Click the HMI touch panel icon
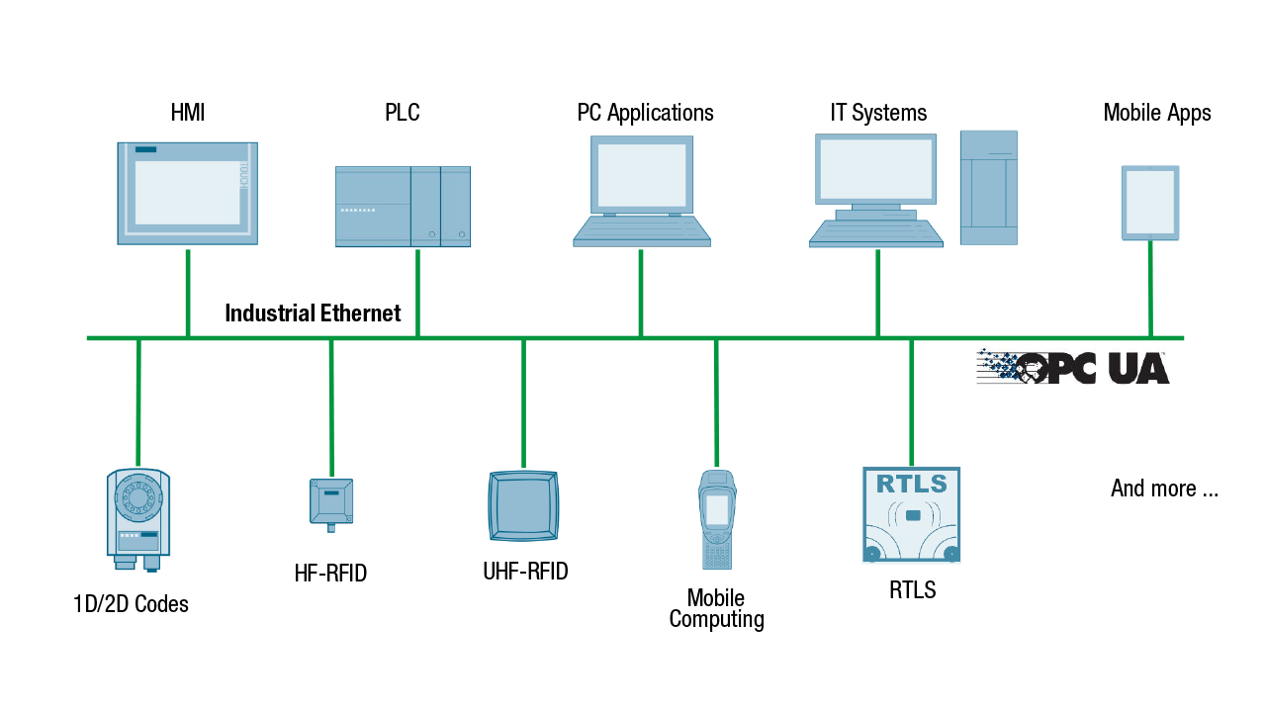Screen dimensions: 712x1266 pyautogui.click(x=187, y=193)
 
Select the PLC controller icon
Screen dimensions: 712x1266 pyautogui.click(x=403, y=206)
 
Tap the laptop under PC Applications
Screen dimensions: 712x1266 pyautogui.click(x=642, y=192)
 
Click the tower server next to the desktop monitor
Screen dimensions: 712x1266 pyautogui.click(x=988, y=188)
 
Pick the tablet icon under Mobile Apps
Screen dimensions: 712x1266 pyautogui.click(x=1149, y=203)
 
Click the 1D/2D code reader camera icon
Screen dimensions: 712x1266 pyautogui.click(x=138, y=518)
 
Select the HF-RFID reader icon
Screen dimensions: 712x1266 pyautogui.click(x=330, y=502)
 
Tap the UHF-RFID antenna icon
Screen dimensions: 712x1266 pyautogui.click(x=523, y=505)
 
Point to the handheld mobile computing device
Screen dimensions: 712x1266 pyautogui.click(x=716, y=519)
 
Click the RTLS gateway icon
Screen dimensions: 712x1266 pyautogui.click(x=911, y=515)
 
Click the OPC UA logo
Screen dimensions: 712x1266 pyautogui.click(x=1073, y=367)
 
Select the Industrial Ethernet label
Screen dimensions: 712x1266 pyautogui.click(x=313, y=313)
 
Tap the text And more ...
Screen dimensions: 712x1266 pyautogui.click(x=1164, y=489)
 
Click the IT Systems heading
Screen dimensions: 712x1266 pyautogui.click(x=878, y=113)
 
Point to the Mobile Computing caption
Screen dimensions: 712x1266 pyautogui.click(x=716, y=609)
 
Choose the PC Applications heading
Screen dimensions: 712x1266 pyautogui.click(x=645, y=113)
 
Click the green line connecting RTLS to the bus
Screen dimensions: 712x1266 pyautogui.click(x=911, y=400)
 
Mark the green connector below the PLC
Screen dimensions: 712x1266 pyautogui.click(x=417, y=292)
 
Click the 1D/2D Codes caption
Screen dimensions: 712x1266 pyautogui.click(x=131, y=603)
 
